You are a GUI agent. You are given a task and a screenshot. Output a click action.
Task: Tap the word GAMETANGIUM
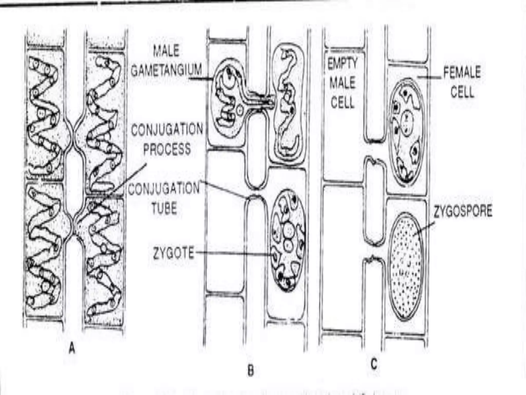(166, 70)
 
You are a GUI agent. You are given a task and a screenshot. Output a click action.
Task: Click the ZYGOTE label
(173, 253)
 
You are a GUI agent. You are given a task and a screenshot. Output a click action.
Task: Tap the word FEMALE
(462, 72)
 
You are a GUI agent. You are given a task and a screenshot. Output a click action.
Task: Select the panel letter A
(72, 349)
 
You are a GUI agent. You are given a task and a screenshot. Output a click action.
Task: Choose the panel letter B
(250, 371)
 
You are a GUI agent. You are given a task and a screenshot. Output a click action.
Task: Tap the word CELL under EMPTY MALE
(343, 103)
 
